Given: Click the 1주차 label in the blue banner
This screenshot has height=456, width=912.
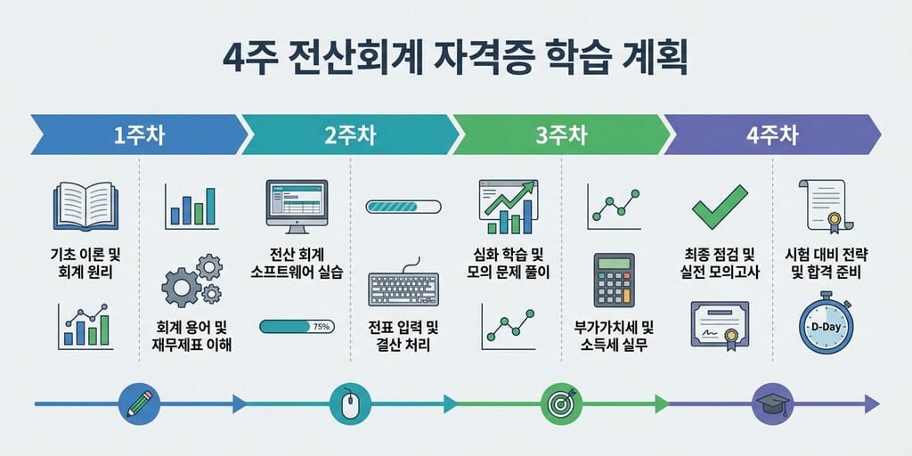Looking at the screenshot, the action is [140, 135].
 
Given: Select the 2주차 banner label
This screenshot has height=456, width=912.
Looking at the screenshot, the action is [350, 135].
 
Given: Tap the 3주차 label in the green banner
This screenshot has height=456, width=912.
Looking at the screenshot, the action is [561, 135].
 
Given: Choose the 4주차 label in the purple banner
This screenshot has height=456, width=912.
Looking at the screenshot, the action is [772, 135].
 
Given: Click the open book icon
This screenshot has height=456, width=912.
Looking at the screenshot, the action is [85, 207].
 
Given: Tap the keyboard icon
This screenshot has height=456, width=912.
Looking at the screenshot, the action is [403, 286].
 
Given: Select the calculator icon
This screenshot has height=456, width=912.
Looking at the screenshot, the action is [615, 280].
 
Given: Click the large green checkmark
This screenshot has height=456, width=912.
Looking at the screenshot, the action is [720, 207].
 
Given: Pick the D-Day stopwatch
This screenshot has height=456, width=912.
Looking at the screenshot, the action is [826, 323].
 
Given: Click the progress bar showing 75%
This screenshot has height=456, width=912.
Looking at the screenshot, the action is [297, 326].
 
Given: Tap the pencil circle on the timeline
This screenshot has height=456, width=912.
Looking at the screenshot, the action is [139, 403].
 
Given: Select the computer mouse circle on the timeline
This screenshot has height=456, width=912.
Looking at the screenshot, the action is [350, 403].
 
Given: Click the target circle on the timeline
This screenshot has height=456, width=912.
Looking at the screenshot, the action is [561, 403].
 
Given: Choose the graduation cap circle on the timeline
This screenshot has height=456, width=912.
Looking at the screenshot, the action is [772, 403].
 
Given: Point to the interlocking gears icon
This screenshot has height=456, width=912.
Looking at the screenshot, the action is [192, 280].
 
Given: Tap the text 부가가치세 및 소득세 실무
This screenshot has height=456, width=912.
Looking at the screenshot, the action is [615, 336].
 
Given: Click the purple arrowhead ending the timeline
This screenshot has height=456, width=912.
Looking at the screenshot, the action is [872, 403].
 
